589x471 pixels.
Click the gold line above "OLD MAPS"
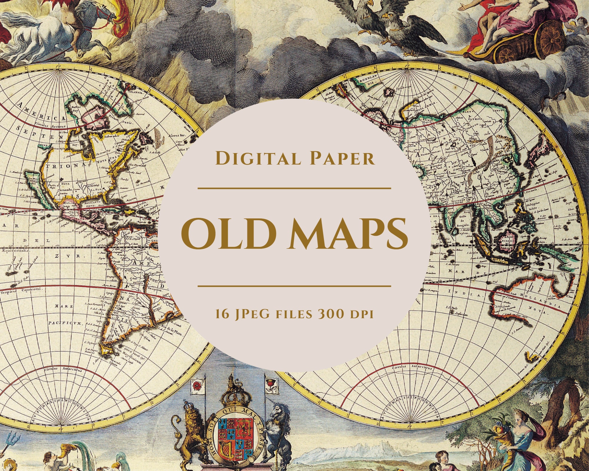pyautogui.click(x=294, y=188)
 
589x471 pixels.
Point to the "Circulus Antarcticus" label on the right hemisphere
pyautogui.click(x=412, y=367)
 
